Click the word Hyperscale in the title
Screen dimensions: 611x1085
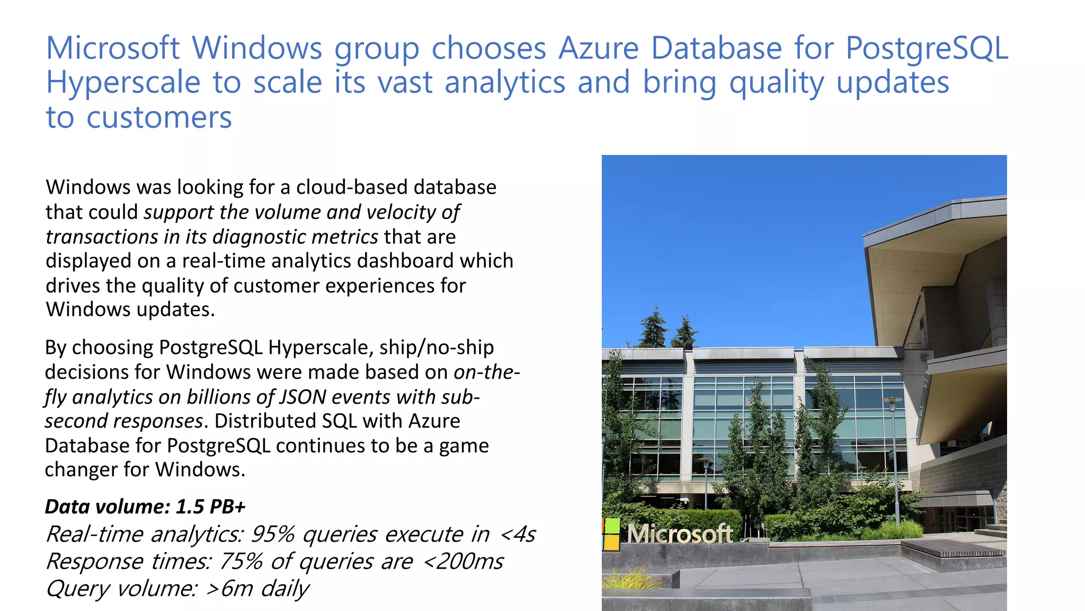coord(123,83)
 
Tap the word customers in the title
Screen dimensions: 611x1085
coord(159,118)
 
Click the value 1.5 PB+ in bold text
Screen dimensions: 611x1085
coord(210,507)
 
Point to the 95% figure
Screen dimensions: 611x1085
coord(272,535)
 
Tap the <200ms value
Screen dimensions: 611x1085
coord(463,562)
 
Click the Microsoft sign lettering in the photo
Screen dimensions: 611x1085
coord(680,534)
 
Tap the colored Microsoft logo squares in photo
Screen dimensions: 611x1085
coord(611,534)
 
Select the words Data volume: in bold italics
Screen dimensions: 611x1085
coord(107,507)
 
